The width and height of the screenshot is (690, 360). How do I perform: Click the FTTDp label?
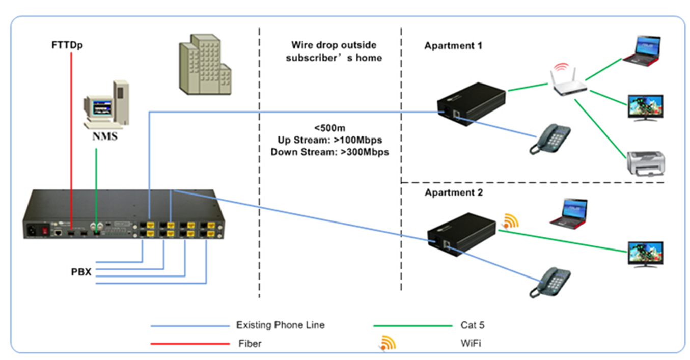tap(67, 45)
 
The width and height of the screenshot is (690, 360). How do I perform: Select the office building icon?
tap(205, 64)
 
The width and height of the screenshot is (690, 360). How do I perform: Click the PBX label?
tap(81, 272)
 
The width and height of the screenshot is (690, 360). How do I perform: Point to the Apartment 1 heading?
tap(453, 46)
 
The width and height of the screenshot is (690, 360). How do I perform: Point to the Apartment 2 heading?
tap(454, 193)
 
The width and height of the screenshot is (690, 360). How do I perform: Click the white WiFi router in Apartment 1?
tap(569, 80)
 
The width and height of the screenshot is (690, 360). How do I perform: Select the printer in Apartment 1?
tap(646, 163)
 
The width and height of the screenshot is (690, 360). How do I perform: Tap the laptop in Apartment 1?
tap(642, 51)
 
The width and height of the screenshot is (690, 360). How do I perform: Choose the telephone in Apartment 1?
tap(550, 139)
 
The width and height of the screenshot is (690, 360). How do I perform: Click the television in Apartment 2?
tap(646, 255)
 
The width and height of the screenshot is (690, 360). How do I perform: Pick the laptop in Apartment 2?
tap(569, 214)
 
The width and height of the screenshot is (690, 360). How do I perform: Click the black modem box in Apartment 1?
tap(472, 104)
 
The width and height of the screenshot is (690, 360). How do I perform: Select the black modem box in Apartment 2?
tap(462, 234)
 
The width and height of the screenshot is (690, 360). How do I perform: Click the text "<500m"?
tap(329, 128)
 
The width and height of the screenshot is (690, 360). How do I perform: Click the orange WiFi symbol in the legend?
tap(388, 343)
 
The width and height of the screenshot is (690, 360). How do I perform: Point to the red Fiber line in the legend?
tap(190, 344)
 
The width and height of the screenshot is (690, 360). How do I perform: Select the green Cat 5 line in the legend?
tap(413, 325)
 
